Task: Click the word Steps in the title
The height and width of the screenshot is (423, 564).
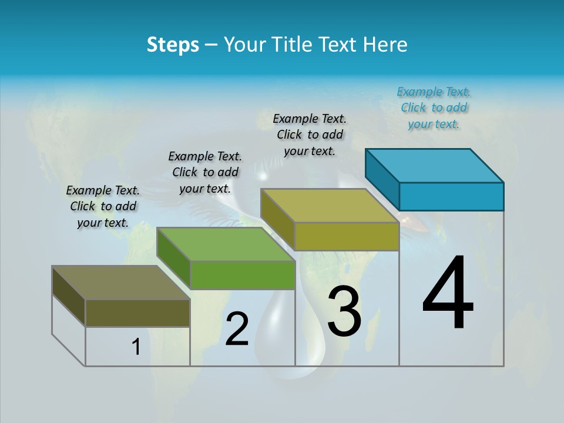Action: point(173,45)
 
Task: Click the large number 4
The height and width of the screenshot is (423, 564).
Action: point(448,294)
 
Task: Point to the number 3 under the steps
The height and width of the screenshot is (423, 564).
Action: point(344,311)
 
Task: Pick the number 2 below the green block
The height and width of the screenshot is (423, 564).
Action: point(237,330)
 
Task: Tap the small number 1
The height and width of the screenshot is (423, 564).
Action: point(136,347)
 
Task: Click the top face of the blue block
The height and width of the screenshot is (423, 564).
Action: point(435,165)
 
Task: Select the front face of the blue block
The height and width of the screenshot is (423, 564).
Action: point(451,196)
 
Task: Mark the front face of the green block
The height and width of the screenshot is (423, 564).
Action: point(243,275)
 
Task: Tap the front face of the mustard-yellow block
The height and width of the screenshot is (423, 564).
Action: point(347,236)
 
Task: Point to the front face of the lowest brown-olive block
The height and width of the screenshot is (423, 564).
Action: point(137,313)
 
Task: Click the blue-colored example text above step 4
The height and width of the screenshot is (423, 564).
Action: point(434,108)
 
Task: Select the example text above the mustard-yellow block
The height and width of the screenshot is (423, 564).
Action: point(310,135)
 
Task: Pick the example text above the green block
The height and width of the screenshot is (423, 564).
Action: point(205,172)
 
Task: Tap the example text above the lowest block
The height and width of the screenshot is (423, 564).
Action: point(103,206)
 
